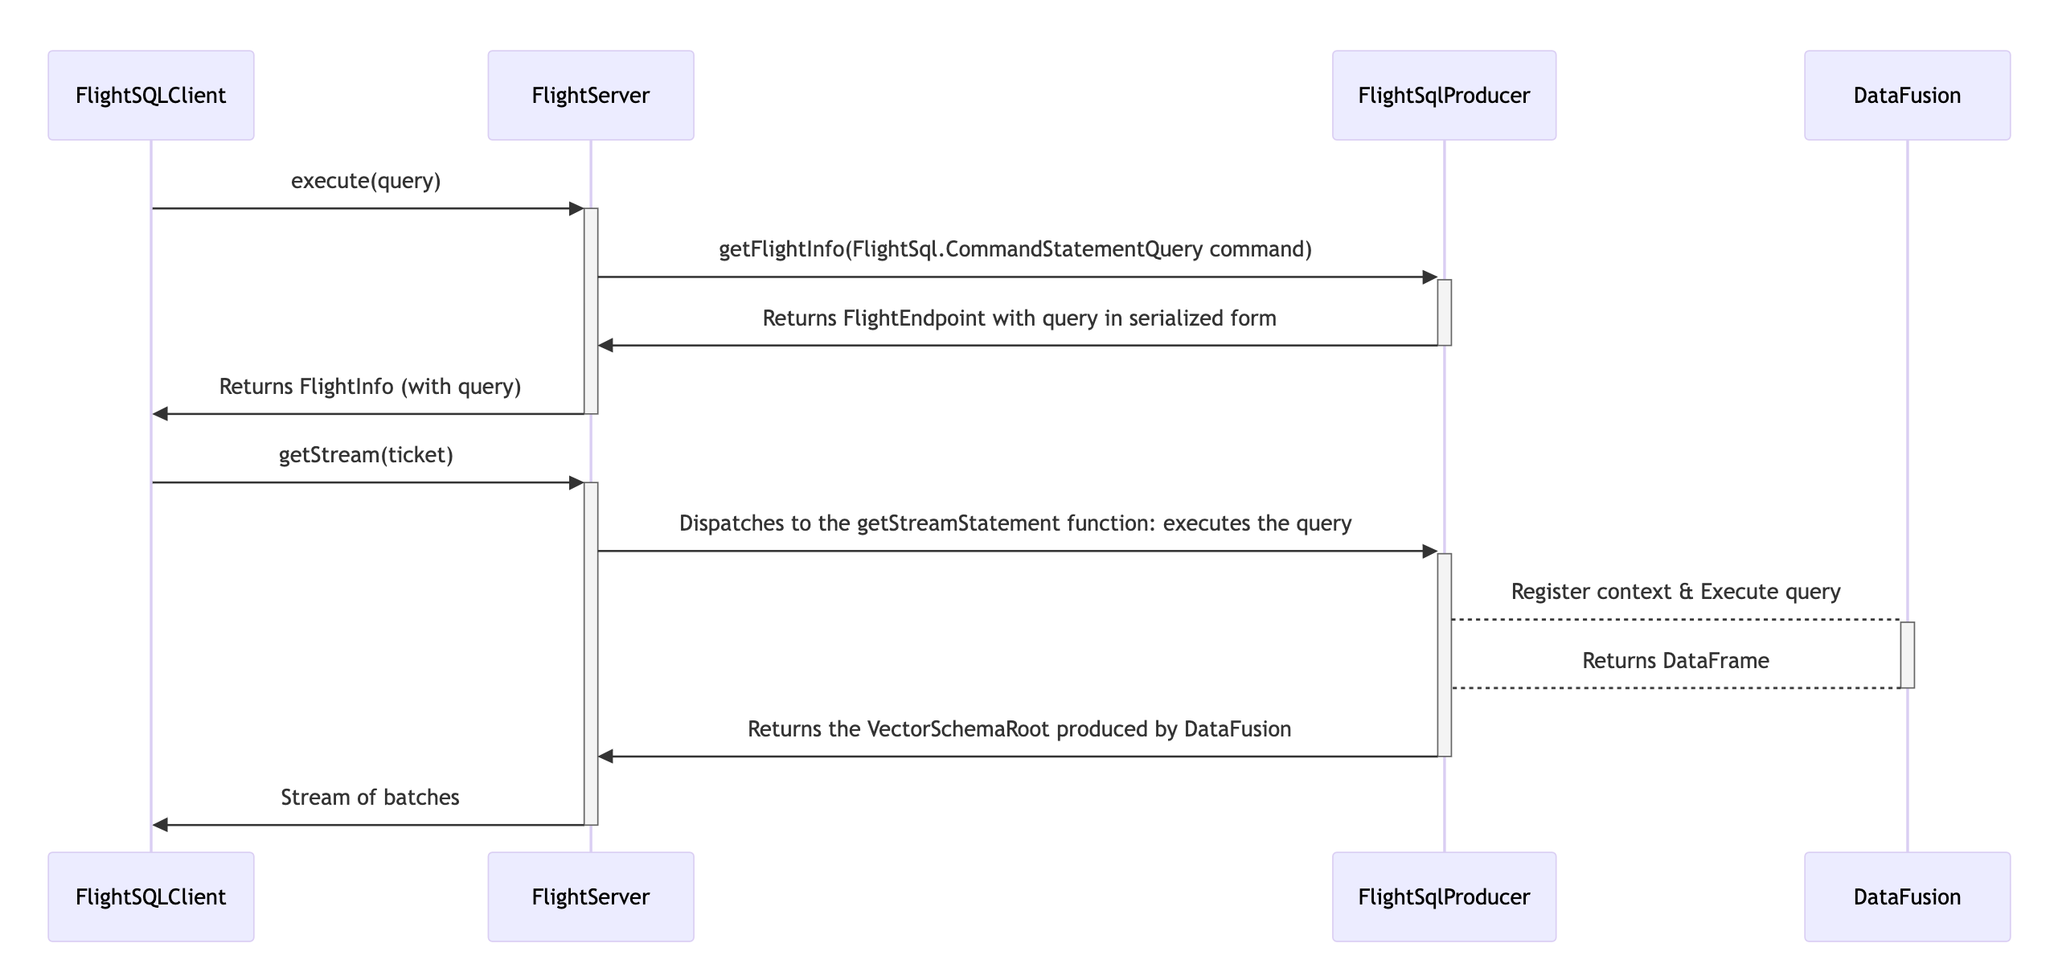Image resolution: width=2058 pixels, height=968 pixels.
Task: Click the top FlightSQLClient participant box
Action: point(150,96)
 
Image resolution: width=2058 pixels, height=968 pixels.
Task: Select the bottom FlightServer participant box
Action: point(590,896)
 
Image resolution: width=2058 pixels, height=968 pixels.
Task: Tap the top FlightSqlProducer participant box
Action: point(1444,96)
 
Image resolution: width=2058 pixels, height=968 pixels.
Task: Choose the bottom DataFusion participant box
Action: point(1907,896)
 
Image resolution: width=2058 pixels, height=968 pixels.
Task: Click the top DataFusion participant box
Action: point(1907,96)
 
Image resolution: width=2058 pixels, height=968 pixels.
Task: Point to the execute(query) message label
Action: point(366,181)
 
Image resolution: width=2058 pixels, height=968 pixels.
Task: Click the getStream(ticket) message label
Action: point(366,455)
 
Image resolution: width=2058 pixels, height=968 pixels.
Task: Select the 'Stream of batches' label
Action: point(370,798)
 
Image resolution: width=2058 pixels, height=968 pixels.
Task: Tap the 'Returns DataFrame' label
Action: point(1675,661)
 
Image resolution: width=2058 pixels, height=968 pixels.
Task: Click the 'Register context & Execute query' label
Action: point(1675,592)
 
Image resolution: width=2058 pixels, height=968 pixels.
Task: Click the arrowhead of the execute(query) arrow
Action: point(576,209)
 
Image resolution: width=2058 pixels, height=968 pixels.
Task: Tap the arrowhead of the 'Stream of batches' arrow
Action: point(160,825)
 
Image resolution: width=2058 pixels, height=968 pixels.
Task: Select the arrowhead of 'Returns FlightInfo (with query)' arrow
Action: point(160,414)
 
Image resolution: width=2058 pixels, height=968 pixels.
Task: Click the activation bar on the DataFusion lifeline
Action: point(1907,654)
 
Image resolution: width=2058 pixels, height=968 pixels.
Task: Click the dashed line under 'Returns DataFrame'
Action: point(1675,688)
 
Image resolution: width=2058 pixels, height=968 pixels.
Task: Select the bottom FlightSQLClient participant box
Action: point(150,896)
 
